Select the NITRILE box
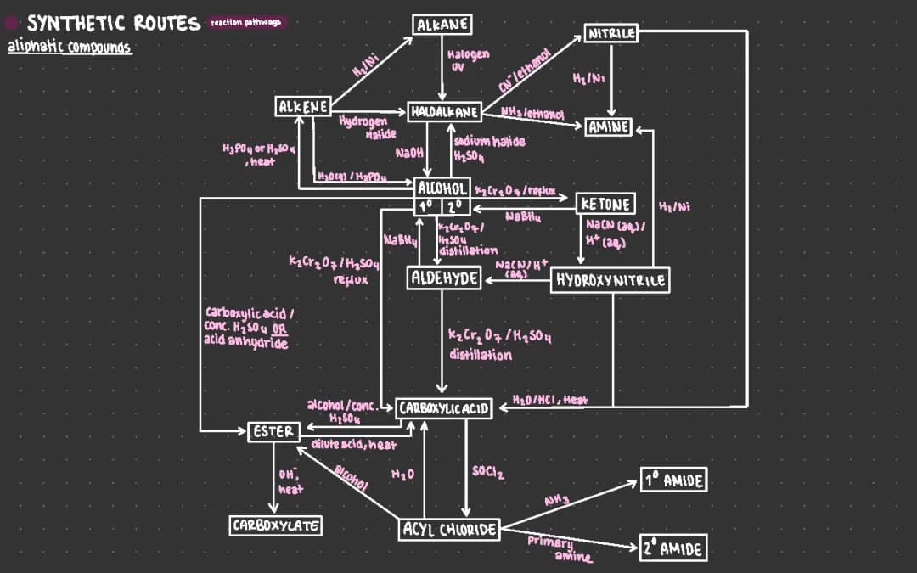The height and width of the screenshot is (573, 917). [611, 35]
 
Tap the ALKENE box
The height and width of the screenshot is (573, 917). [303, 106]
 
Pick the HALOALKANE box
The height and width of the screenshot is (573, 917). [445, 111]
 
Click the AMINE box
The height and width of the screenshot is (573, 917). [608, 127]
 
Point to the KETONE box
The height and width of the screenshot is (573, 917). [605, 204]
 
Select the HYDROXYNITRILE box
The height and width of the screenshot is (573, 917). [610, 280]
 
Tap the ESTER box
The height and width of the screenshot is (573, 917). [273, 432]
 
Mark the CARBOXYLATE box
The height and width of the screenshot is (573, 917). [275, 525]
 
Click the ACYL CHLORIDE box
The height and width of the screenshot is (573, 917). [448, 530]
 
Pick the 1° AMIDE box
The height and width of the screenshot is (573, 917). [673, 480]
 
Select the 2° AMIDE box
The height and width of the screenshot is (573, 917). [673, 548]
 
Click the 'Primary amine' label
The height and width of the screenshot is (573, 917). [556, 548]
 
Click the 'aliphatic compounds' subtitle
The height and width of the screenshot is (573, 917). [70, 46]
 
